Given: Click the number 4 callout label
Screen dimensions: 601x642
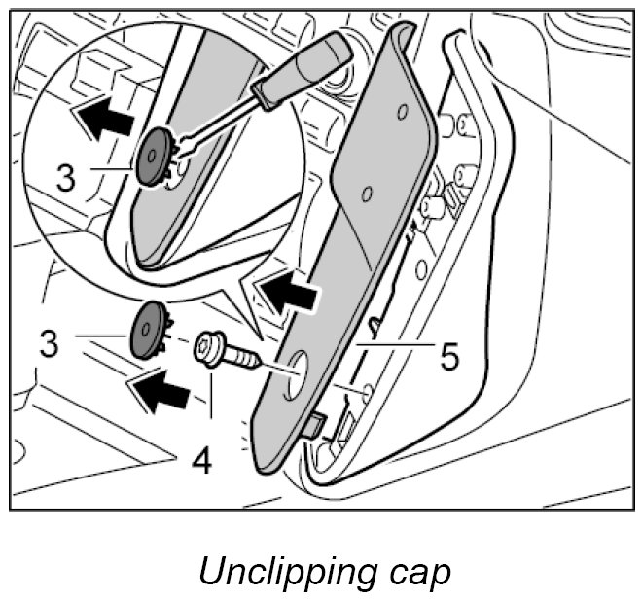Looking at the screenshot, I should point(201,459).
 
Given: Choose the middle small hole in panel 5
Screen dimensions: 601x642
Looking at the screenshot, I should point(366,194).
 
